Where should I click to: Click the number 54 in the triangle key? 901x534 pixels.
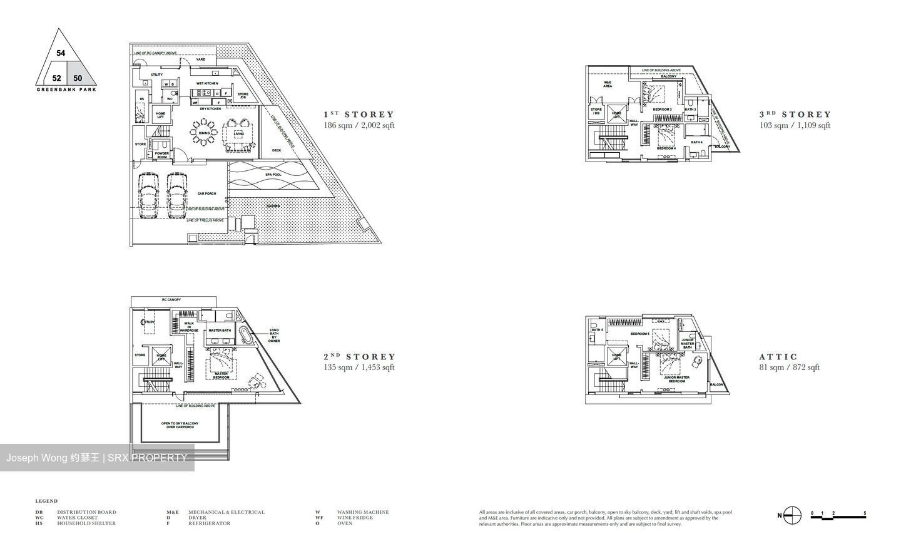pyautogui.click(x=61, y=53)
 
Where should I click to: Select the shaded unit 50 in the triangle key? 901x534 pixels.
pyautogui.click(x=78, y=78)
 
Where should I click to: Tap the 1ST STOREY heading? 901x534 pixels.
pyautogui.click(x=359, y=115)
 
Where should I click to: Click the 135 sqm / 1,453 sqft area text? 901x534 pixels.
pyautogui.click(x=359, y=367)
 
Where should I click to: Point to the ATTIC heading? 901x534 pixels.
pyautogui.click(x=778, y=357)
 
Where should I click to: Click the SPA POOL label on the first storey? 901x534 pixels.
pyautogui.click(x=273, y=175)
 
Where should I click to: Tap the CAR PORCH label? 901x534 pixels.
pyautogui.click(x=206, y=193)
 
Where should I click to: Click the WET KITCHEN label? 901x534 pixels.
pyautogui.click(x=207, y=83)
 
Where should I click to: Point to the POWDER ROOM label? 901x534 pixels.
pyautogui.click(x=161, y=155)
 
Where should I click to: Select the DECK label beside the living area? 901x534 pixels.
pyautogui.click(x=277, y=150)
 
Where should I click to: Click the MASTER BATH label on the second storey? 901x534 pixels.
pyautogui.click(x=220, y=331)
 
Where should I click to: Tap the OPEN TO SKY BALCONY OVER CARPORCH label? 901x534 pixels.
pyautogui.click(x=180, y=426)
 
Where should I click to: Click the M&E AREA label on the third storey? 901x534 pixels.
pyautogui.click(x=608, y=85)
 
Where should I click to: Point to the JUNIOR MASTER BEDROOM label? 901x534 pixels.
pyautogui.click(x=676, y=379)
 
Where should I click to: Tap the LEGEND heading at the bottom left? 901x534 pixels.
pyautogui.click(x=46, y=501)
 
